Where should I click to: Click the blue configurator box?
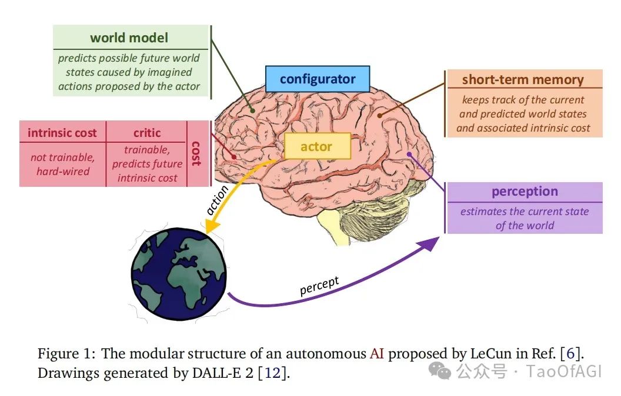(x=318, y=79)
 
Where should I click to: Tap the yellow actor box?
(x=316, y=146)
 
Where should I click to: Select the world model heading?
(x=129, y=38)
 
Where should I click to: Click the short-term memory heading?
(x=522, y=80)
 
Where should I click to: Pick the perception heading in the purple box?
(x=525, y=192)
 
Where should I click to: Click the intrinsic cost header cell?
(x=62, y=133)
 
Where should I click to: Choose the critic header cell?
(x=146, y=133)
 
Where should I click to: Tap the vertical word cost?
(x=196, y=153)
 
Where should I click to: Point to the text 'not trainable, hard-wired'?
(x=62, y=165)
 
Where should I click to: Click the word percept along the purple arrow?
(x=319, y=286)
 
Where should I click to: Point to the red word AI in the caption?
(x=376, y=354)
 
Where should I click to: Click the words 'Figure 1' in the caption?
(x=64, y=354)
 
